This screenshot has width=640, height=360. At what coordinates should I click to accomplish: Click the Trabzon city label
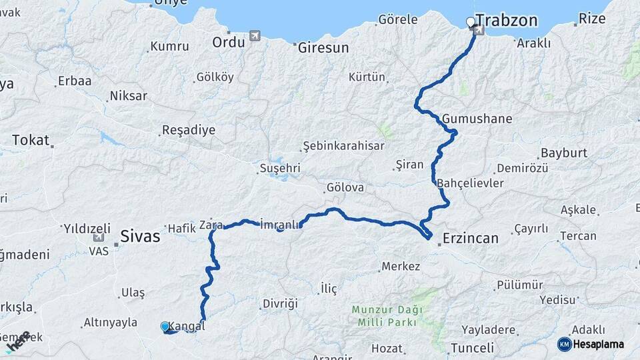point(507,21)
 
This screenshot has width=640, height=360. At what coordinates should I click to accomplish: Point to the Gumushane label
point(477,119)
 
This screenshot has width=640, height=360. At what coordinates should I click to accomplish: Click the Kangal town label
point(187,326)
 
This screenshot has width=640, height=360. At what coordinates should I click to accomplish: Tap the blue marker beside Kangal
point(165,326)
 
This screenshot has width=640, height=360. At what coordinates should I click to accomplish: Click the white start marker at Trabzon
point(471,22)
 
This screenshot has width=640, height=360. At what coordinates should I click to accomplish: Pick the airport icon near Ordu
point(253,35)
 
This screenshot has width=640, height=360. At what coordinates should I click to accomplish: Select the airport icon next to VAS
point(99,237)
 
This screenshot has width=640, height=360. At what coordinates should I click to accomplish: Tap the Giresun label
point(323,48)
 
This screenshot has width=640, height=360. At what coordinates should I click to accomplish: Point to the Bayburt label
point(563,153)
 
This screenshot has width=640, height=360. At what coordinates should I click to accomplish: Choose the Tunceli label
point(472,347)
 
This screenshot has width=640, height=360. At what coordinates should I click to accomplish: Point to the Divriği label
point(279,303)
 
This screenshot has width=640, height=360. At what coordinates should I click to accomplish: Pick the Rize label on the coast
point(592,18)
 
